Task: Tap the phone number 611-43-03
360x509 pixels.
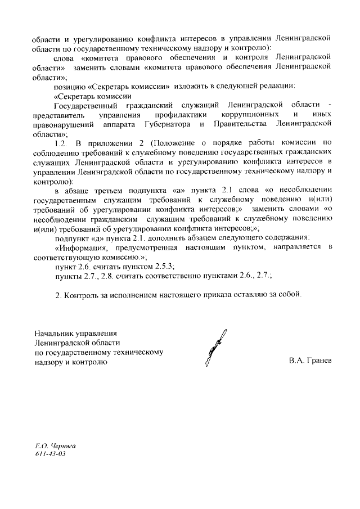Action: [50, 453]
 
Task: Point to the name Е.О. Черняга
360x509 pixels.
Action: [55, 444]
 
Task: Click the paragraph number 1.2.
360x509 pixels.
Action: [60, 143]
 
